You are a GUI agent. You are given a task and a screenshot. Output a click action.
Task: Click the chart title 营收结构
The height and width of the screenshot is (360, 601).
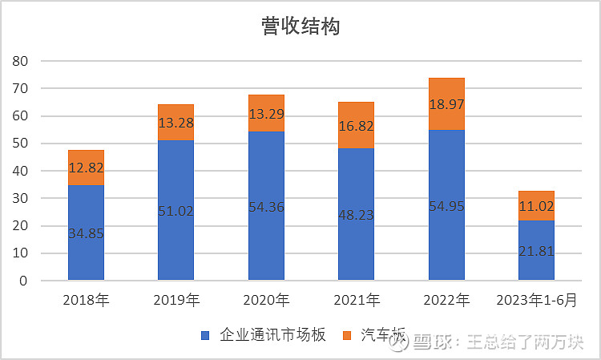[300, 26]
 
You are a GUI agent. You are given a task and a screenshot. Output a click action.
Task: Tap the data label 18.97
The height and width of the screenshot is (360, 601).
[446, 104]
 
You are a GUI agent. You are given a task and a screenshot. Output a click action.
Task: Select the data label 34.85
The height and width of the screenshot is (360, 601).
[86, 234]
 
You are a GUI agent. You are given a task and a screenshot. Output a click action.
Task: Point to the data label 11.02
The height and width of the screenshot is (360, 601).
[536, 205]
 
